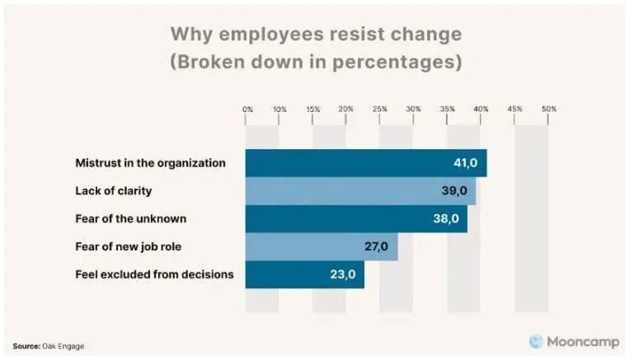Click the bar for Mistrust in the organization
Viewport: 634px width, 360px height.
pyautogui.click(x=366, y=163)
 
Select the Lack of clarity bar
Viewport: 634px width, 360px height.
pyautogui.click(x=360, y=191)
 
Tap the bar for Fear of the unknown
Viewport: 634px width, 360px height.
pyautogui.click(x=356, y=218)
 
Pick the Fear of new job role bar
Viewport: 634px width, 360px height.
pyautogui.click(x=322, y=246)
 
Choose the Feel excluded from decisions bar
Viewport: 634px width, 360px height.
pyautogui.click(x=305, y=274)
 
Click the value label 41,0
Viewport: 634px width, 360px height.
pyautogui.click(x=466, y=163)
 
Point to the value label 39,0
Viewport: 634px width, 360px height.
pyautogui.click(x=455, y=191)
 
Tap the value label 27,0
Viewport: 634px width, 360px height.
pyautogui.click(x=378, y=246)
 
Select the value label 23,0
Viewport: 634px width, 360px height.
pyautogui.click(x=344, y=274)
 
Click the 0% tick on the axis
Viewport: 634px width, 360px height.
pyautogui.click(x=247, y=109)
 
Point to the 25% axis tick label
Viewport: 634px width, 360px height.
pyautogui.click(x=380, y=109)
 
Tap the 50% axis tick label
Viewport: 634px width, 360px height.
pyautogui.click(x=549, y=109)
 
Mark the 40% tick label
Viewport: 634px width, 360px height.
pyautogui.click(x=481, y=109)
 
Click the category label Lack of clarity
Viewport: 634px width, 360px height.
pyautogui.click(x=114, y=191)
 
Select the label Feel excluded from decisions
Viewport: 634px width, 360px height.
pyautogui.click(x=154, y=274)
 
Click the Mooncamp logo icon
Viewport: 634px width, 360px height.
pyautogui.click(x=536, y=340)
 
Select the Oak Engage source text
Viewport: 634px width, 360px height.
pyautogui.click(x=63, y=346)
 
